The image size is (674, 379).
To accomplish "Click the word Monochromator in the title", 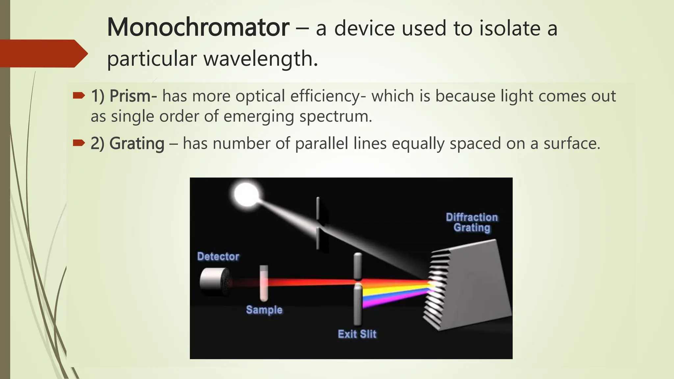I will pyautogui.click(x=198, y=28).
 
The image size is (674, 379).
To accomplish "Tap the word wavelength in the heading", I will pyautogui.click(x=260, y=59).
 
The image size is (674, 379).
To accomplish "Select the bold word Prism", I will pyautogui.click(x=130, y=96).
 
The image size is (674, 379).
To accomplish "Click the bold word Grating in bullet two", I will pyautogui.click(x=137, y=143).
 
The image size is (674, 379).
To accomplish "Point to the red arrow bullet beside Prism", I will pyautogui.click(x=79, y=96).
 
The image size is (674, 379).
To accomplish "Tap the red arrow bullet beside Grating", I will pyautogui.click(x=79, y=143).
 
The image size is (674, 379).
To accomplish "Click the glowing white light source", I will pyautogui.click(x=246, y=194).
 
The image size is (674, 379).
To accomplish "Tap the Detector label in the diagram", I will pyautogui.click(x=218, y=256).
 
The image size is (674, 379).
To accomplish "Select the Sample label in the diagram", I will pyautogui.click(x=264, y=310).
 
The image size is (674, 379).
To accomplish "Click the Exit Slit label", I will pyautogui.click(x=357, y=334).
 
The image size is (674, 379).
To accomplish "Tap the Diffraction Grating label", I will pyautogui.click(x=472, y=222).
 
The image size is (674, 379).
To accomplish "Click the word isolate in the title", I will pyautogui.click(x=509, y=28).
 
